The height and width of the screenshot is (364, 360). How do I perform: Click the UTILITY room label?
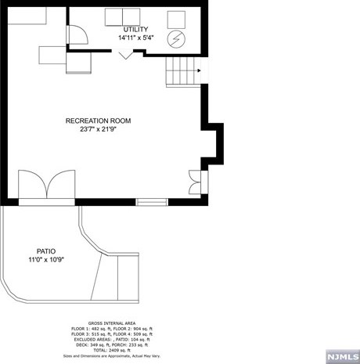pyautogui.click(x=135, y=29)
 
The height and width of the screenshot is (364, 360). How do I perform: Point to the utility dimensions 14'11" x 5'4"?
pyautogui.click(x=135, y=38)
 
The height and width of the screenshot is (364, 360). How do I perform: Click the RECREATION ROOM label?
pyautogui.click(x=98, y=121)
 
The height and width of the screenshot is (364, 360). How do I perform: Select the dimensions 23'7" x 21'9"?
pyautogui.click(x=98, y=130)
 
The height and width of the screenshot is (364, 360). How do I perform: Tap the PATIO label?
pyautogui.click(x=45, y=251)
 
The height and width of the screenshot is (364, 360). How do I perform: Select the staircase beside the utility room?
pyautogui.click(x=185, y=72)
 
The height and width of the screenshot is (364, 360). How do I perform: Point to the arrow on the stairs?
pyautogui.click(x=200, y=73)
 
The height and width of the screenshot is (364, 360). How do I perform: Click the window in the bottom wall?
pyautogui.click(x=152, y=202)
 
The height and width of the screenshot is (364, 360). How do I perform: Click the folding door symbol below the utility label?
pyautogui.click(x=126, y=55)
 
